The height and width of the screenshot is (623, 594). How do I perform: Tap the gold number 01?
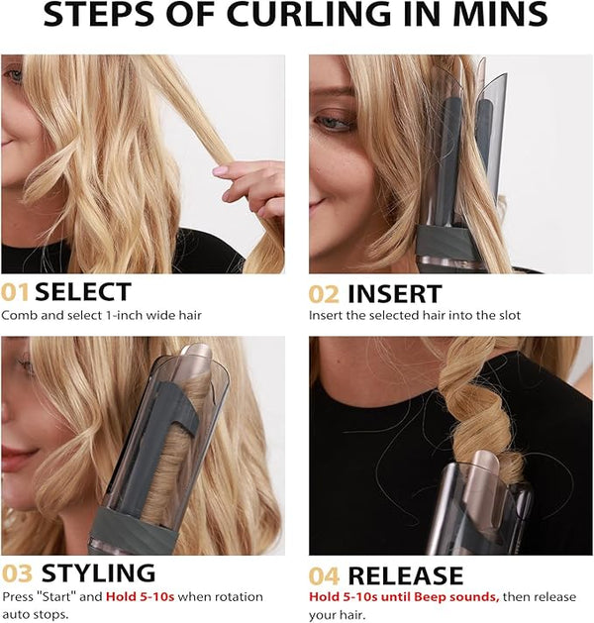click(15, 292)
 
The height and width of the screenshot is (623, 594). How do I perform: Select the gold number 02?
click(324, 294)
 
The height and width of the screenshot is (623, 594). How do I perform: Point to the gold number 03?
click(17, 573)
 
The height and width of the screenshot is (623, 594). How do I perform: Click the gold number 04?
click(324, 576)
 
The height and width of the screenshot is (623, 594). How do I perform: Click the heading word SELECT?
click(83, 291)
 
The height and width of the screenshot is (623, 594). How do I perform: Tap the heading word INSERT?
click(395, 294)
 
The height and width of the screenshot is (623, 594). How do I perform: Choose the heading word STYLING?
click(98, 573)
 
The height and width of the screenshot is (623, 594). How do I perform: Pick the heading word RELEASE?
click(405, 575)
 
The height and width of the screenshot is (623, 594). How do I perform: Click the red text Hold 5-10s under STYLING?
click(141, 597)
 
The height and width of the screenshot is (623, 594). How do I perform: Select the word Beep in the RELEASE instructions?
click(428, 597)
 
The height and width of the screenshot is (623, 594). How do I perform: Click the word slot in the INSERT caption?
click(510, 316)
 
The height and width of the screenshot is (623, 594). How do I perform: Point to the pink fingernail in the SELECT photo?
click(220, 170)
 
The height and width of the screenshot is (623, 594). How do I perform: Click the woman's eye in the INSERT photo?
click(333, 123)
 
